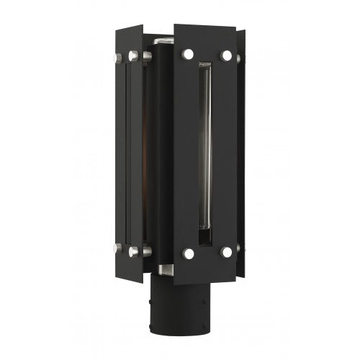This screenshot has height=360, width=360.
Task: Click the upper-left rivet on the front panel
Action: click(188, 54)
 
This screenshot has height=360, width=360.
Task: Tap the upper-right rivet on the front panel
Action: click(226, 55)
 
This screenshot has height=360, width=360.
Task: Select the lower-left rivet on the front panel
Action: click(188, 253)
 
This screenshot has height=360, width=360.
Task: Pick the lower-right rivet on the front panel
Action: click(226, 252)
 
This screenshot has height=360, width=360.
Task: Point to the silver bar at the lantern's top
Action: click(163, 35)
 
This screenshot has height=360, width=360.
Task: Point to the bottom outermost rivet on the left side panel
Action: click(117, 248)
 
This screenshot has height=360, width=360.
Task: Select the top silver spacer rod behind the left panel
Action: click(146, 55)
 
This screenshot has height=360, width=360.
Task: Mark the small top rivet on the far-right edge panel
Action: click(240, 58)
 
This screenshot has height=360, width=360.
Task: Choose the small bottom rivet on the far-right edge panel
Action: click(240, 248)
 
